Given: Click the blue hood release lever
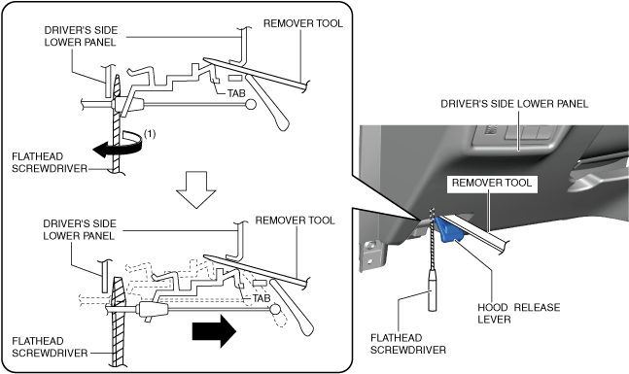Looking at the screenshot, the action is pyautogui.click(x=448, y=230).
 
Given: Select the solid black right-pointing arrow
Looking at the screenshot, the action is pyautogui.click(x=214, y=330).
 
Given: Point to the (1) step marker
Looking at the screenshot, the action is pyautogui.click(x=150, y=133).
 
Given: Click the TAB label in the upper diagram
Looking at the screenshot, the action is pyautogui.click(x=236, y=93).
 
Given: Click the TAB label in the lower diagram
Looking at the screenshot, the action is pyautogui.click(x=262, y=298).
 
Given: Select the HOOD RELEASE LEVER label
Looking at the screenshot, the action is pyautogui.click(x=518, y=314).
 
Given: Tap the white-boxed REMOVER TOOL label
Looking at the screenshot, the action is pyautogui.click(x=492, y=183).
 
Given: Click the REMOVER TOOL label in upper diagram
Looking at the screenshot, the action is pyautogui.click(x=303, y=23).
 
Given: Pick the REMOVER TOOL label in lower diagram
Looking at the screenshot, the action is pyautogui.click(x=295, y=221).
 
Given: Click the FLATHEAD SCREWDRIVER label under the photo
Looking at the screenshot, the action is pyautogui.click(x=408, y=344).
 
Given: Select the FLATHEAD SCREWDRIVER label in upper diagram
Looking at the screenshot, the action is pyautogui.click(x=50, y=162).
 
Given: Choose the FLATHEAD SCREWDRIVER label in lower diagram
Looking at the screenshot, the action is pyautogui.click(x=50, y=347).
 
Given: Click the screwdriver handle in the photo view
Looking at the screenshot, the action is pyautogui.click(x=432, y=289).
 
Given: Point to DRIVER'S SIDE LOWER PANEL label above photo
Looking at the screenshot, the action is pyautogui.click(x=514, y=104).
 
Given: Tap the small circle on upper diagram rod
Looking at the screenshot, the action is pyautogui.click(x=250, y=105).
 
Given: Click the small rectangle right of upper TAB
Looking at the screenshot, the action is pyautogui.click(x=235, y=78).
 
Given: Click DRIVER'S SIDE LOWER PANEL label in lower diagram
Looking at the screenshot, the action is pyautogui.click(x=80, y=229).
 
